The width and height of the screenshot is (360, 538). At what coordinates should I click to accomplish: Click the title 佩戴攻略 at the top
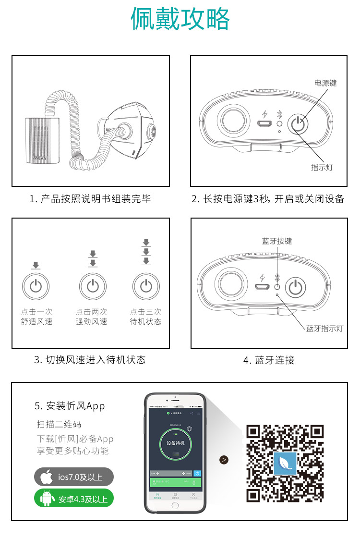180,20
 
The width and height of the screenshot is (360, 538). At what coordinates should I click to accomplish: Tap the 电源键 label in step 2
325,83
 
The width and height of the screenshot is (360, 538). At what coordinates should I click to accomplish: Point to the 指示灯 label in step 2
322,167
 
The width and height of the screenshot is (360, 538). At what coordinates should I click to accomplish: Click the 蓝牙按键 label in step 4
276,241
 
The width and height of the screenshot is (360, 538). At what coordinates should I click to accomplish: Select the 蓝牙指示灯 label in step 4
324,329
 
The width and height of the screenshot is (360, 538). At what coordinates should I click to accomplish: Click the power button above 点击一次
36,287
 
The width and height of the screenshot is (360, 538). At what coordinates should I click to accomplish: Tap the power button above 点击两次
93,287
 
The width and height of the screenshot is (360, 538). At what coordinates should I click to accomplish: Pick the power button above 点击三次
146,287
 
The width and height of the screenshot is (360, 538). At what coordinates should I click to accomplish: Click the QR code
285,463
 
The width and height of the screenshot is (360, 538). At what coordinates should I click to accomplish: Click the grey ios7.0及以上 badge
74,477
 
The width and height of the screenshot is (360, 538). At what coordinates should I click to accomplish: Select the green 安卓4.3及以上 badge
74,498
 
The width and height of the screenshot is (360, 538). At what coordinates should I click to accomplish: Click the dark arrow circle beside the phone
224,460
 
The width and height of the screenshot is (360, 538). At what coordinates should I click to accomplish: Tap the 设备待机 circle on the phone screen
175,443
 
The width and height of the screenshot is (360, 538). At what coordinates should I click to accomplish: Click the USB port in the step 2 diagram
263,124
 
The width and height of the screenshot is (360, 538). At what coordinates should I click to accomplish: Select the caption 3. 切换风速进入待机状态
90,359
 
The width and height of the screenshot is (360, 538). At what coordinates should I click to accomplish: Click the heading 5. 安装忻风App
70,406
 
